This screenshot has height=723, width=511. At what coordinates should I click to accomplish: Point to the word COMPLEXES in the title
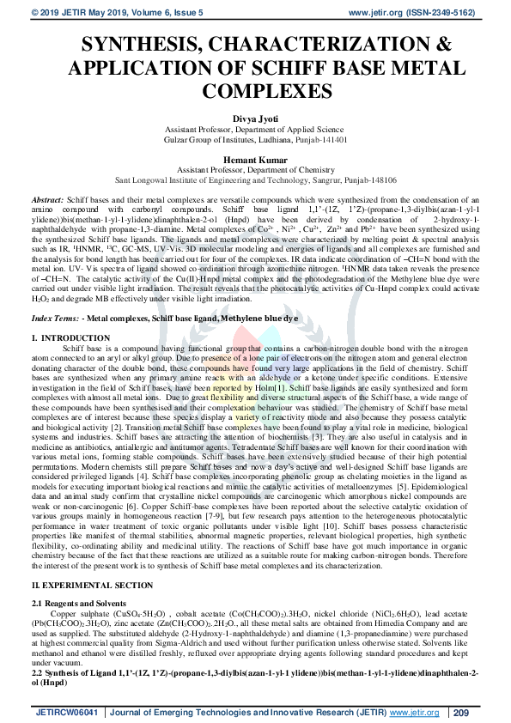[x=255, y=89]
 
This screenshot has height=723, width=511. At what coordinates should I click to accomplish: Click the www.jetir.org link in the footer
[x=410, y=711]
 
